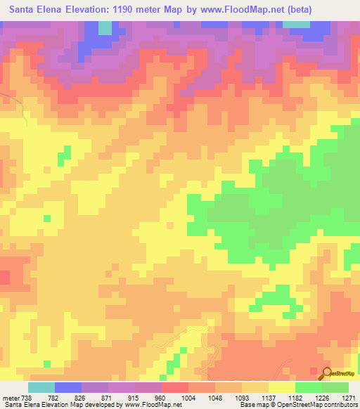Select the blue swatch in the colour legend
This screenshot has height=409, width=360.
(67, 387)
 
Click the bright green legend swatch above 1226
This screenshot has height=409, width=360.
(308, 387)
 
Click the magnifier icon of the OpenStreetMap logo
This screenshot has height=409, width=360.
(327, 374)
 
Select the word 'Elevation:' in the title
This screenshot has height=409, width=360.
(79, 9)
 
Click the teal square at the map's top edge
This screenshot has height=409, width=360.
(105, 27)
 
